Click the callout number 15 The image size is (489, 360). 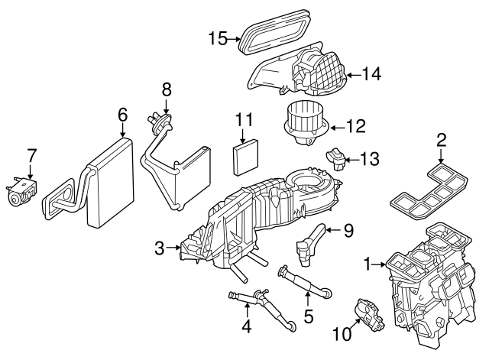point(218,37)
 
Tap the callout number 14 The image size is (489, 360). point(372,74)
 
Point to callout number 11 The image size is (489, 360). point(244,120)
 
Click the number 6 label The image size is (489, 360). point(122,114)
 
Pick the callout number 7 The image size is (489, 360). point(31,155)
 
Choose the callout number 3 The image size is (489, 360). point(159,247)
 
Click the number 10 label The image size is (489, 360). point(340,333)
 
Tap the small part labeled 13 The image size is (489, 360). point(335,159)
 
